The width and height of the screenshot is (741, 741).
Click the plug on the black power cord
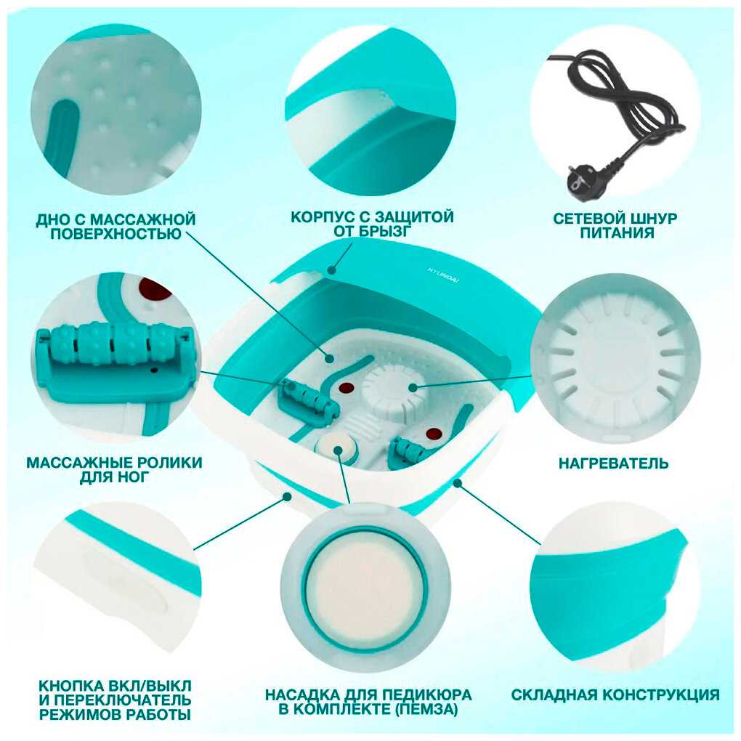tap(582, 180)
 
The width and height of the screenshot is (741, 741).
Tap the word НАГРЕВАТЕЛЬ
tap(613, 463)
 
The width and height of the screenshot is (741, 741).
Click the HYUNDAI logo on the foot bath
tap(443, 275)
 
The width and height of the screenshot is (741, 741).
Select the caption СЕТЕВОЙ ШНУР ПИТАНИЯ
tap(615, 226)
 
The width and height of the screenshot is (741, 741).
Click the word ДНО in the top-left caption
tap(53, 219)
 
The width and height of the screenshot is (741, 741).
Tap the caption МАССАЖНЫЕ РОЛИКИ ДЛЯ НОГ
tap(114, 470)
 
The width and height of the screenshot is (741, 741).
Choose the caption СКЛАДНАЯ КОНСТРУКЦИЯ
tap(615, 695)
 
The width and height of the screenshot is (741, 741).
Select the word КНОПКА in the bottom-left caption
tap(72, 686)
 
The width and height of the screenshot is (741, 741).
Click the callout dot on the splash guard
tap(332, 271)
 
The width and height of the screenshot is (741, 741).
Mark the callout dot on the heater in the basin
tap(413, 388)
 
